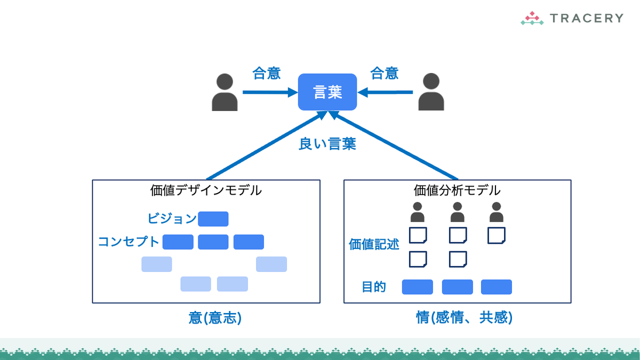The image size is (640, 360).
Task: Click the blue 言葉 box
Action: pyautogui.click(x=327, y=92)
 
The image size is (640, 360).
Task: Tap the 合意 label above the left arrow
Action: pyautogui.click(x=267, y=73)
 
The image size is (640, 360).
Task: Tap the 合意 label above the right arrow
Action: pyautogui.click(x=385, y=73)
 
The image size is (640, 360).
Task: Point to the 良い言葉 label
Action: pyautogui.click(x=327, y=144)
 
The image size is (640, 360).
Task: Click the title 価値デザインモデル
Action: pyautogui.click(x=206, y=190)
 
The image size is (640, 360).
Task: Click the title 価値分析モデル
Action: pyautogui.click(x=457, y=190)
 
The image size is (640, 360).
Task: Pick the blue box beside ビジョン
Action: pyautogui.click(x=213, y=219)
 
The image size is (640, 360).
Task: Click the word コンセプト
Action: pyautogui.click(x=129, y=242)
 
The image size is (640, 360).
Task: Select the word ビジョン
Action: pyautogui.click(x=172, y=219)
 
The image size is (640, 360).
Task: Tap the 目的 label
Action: pyautogui.click(x=373, y=287)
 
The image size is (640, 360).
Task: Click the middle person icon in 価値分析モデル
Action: pyautogui.click(x=457, y=212)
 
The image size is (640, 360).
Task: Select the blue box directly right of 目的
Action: pyautogui.click(x=417, y=287)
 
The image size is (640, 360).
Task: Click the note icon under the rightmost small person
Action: pyautogui.click(x=497, y=235)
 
